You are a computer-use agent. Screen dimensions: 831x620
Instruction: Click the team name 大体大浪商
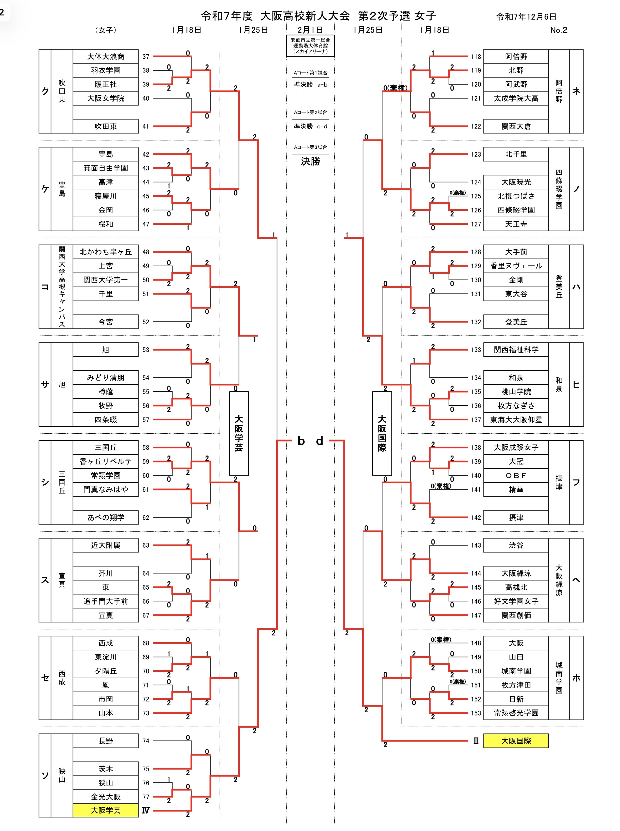click(105, 57)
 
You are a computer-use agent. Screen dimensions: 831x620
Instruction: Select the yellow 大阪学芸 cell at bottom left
click(105, 810)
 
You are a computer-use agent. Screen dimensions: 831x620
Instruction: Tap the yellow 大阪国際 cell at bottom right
click(516, 741)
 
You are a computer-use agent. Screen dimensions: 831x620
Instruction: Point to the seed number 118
click(476, 57)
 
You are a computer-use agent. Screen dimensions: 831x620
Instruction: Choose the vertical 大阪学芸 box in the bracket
click(239, 433)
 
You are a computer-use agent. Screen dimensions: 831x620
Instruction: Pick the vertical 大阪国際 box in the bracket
click(382, 433)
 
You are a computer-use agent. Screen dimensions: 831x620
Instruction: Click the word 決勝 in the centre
click(310, 162)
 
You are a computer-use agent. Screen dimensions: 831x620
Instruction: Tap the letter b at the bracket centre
click(301, 441)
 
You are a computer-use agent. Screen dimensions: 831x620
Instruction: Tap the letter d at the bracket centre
click(320, 441)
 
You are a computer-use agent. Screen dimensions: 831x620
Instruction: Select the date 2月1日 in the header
click(310, 30)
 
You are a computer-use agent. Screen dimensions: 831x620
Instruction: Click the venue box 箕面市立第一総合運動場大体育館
click(310, 45)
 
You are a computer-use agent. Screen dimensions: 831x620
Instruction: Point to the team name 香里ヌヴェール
click(516, 266)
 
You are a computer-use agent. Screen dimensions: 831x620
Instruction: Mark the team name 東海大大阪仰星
click(516, 420)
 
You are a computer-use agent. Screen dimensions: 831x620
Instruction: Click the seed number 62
click(146, 518)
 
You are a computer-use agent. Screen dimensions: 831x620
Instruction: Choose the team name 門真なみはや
click(105, 489)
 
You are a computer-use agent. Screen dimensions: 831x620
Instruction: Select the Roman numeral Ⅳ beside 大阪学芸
click(146, 810)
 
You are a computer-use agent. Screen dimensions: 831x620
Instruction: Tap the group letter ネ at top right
click(576, 91)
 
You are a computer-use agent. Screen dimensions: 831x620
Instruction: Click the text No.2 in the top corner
click(559, 30)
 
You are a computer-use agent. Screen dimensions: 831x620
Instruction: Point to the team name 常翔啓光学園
click(516, 713)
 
